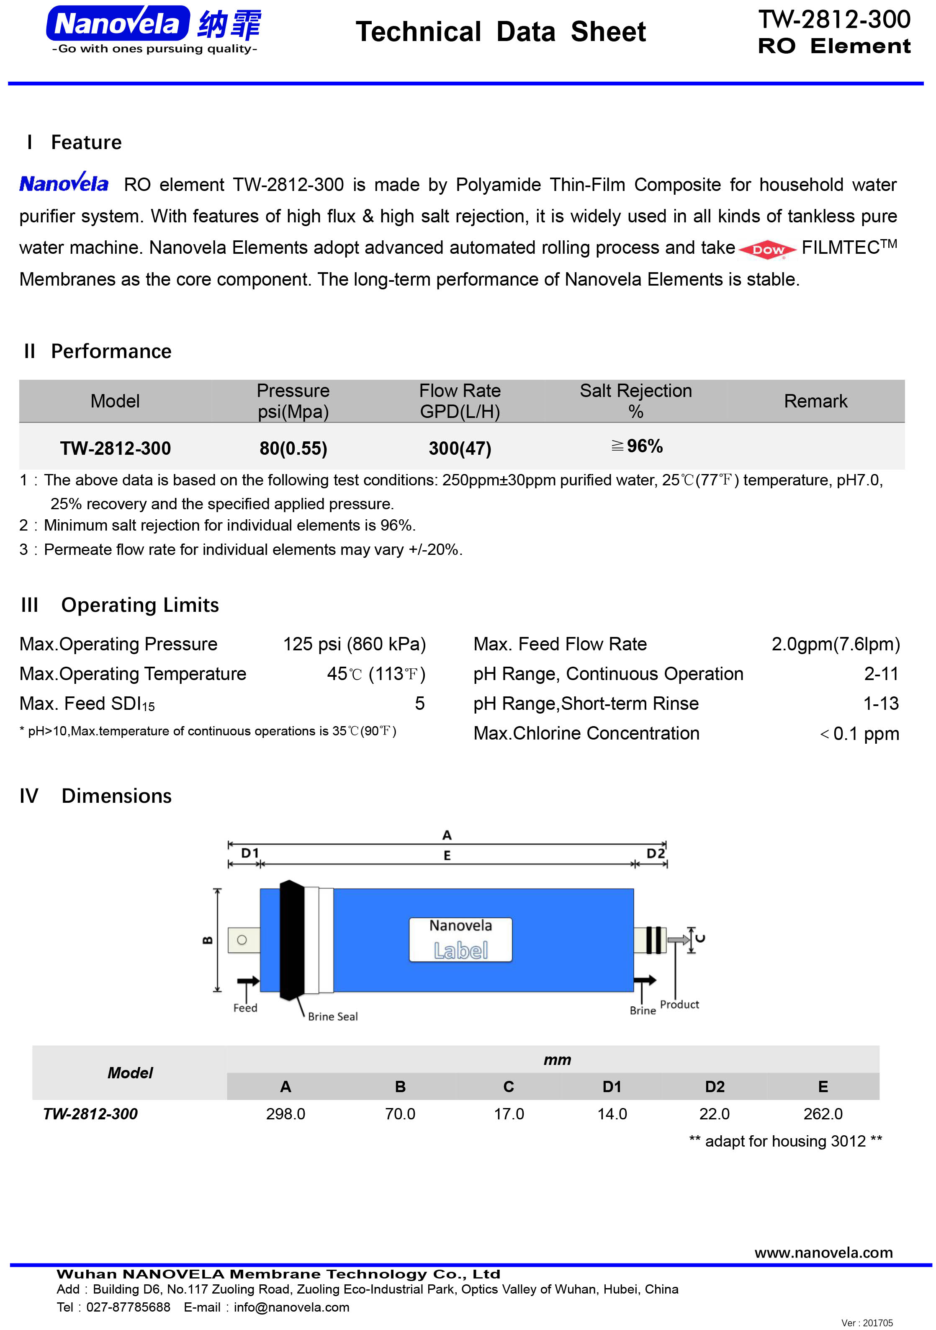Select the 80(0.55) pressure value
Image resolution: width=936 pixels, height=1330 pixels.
point(293,448)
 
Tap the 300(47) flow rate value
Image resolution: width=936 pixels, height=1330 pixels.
point(460,448)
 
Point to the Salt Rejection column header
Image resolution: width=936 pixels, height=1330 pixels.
point(635,401)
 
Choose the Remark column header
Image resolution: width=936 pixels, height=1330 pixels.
point(815,401)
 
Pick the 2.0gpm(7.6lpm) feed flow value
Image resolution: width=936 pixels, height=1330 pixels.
point(835,644)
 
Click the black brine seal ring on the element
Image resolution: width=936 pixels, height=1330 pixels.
point(291,940)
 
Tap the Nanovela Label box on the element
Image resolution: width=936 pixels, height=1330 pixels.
point(460,939)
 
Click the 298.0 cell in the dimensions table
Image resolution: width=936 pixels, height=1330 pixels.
point(285,1114)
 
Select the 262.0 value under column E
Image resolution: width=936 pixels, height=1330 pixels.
point(823,1114)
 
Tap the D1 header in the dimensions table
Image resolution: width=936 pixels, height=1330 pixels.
point(612,1087)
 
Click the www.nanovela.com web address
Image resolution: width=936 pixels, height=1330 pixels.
point(823,1253)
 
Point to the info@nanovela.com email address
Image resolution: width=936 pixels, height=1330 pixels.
point(291,1307)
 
